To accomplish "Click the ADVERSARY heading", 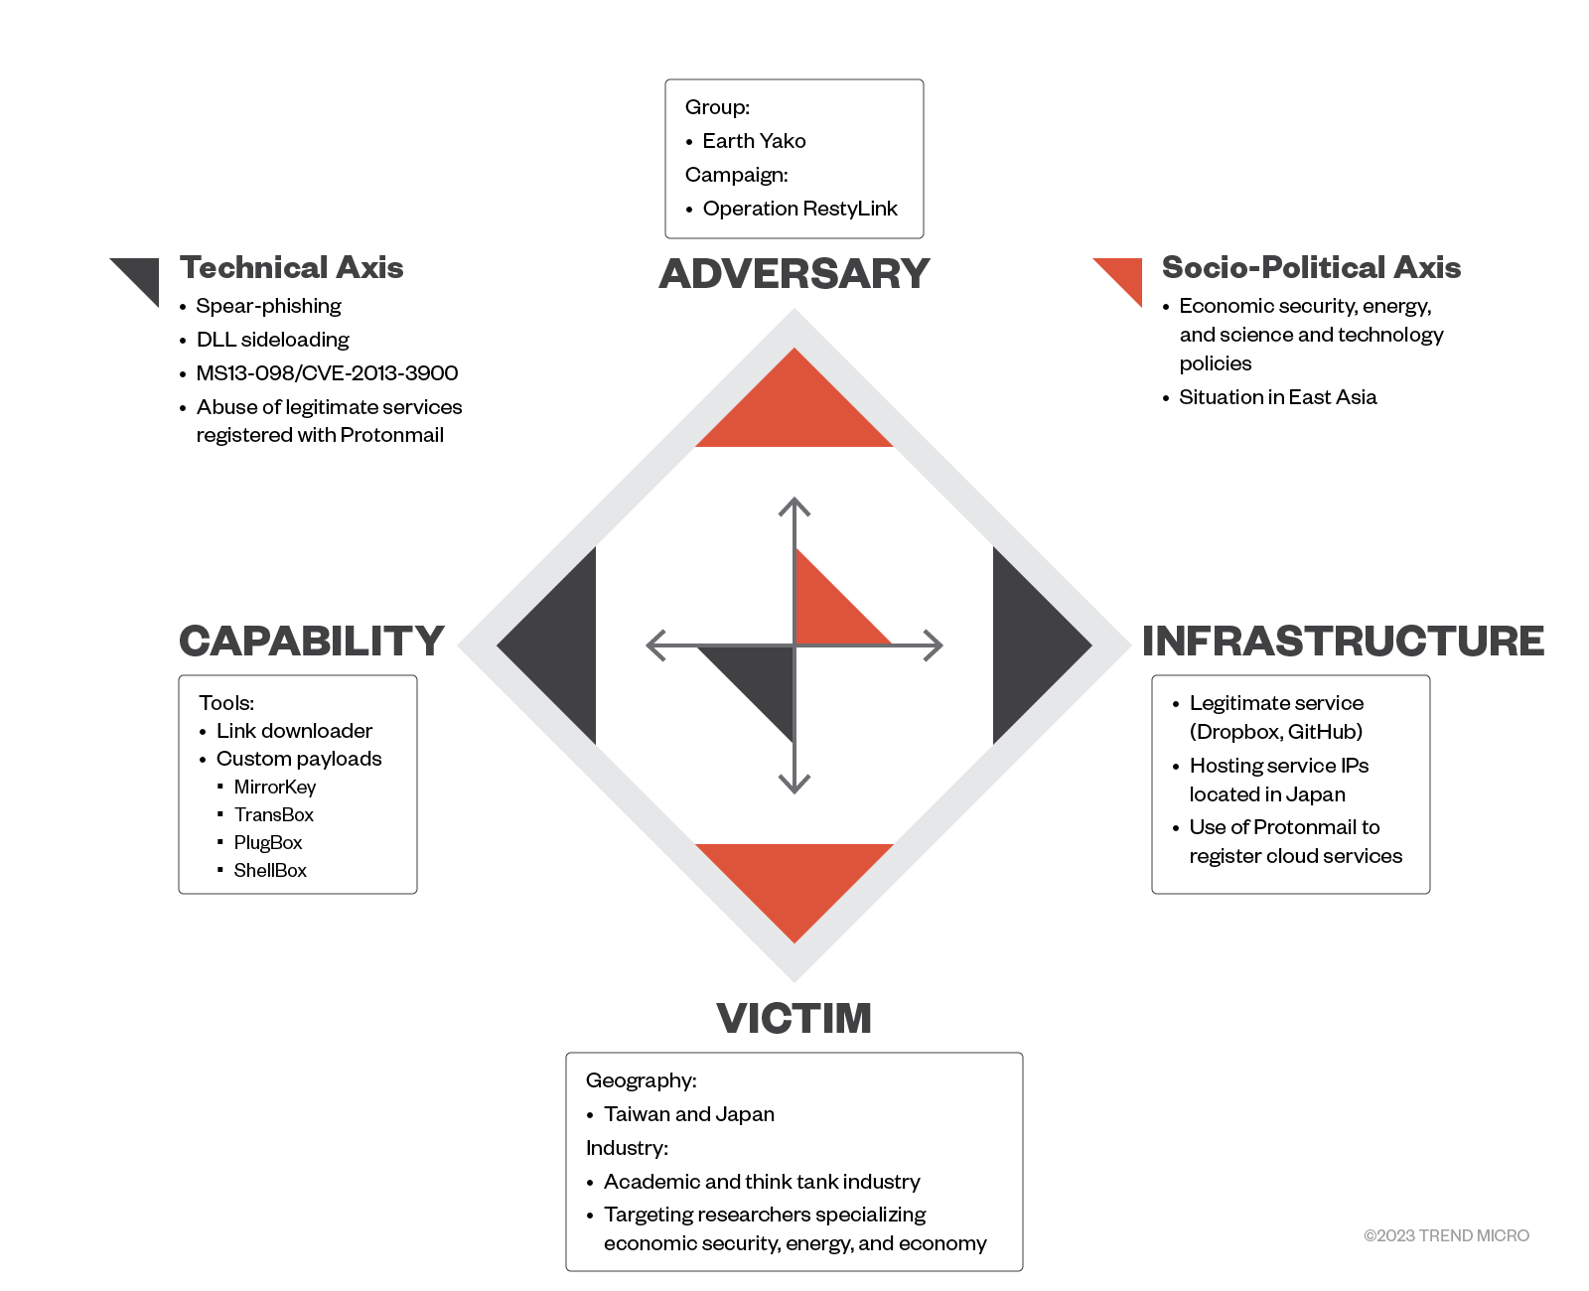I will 794,274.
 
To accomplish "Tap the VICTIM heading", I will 794,1019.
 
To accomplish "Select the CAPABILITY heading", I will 312,642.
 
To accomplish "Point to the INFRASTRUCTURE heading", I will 1343,642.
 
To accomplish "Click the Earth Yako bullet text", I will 754,141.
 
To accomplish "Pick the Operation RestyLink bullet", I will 799,209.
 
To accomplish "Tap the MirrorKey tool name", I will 275,788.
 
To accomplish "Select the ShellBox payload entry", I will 270,871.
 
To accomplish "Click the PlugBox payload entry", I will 268,843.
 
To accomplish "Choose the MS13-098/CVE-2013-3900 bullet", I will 327,373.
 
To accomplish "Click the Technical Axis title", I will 291,268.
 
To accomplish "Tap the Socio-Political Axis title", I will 1311,268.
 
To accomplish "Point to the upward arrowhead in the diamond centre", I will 794,505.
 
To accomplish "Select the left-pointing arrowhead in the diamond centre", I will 654,645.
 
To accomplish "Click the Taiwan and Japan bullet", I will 688,1114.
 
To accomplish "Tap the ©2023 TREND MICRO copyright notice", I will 1446,1235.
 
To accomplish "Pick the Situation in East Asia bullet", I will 1277,397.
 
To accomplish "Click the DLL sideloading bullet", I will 272,340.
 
